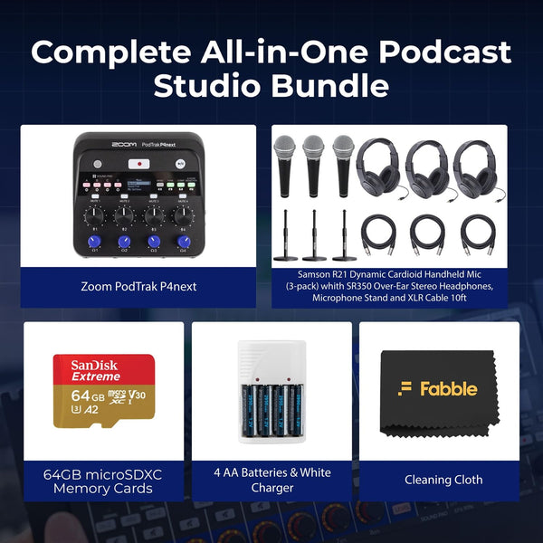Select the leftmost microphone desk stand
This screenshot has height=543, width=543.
[x=285, y=237]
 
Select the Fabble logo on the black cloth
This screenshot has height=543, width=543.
[x=437, y=388]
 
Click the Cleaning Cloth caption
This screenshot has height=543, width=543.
[x=443, y=480]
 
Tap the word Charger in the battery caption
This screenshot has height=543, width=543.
[x=272, y=488]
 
